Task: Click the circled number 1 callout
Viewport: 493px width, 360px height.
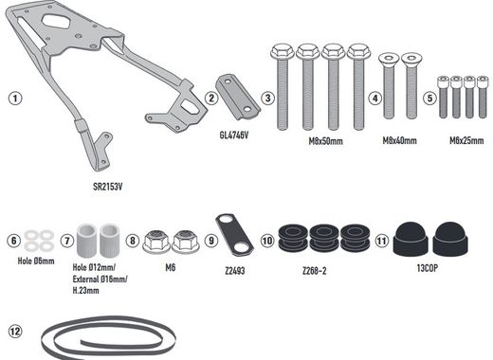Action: click(14, 97)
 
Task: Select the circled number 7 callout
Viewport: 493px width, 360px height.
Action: click(67, 241)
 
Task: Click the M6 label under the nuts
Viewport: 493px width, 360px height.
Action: click(169, 268)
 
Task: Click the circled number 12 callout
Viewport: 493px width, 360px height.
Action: click(14, 332)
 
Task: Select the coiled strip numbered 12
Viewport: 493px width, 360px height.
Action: click(104, 337)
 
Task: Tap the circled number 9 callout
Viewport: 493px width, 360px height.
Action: click(211, 241)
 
